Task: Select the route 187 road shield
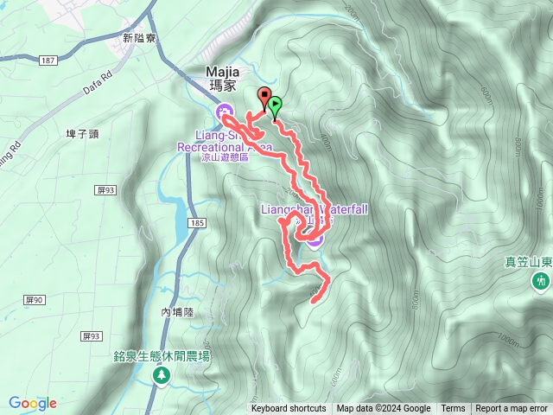pyautogui.click(x=48, y=60)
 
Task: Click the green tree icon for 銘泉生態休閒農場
pyautogui.click(x=161, y=374)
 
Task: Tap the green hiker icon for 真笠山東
pyautogui.click(x=541, y=280)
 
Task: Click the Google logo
pyautogui.click(x=33, y=403)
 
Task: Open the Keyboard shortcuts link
pyautogui.click(x=289, y=409)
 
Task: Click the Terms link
pyautogui.click(x=453, y=409)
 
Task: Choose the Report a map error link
pyautogui.click(x=512, y=409)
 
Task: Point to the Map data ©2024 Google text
pyautogui.click(x=384, y=409)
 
